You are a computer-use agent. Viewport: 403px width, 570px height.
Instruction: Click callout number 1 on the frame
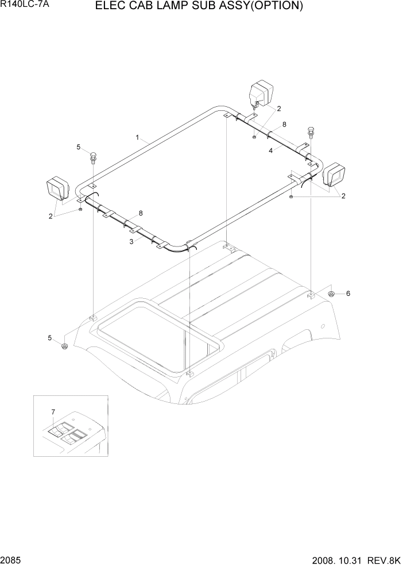[x=138, y=137]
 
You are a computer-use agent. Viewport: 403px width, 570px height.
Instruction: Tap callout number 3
[x=131, y=242]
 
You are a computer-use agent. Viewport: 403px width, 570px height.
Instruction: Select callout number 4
[x=270, y=151]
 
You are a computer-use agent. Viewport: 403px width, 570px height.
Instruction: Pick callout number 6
[x=348, y=294]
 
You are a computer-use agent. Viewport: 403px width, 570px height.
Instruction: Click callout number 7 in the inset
[x=53, y=411]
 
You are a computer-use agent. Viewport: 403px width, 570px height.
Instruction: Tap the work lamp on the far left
[x=57, y=189]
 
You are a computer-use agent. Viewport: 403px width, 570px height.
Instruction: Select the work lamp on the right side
[x=335, y=174]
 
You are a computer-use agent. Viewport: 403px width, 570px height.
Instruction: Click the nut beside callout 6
[x=331, y=294]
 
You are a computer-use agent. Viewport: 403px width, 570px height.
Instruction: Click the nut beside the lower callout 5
[x=64, y=346]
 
